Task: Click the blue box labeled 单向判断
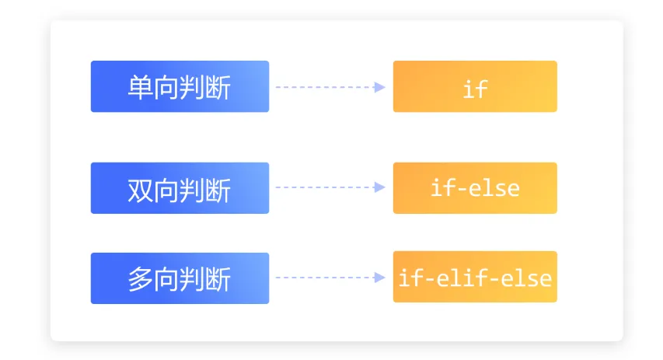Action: [180, 86]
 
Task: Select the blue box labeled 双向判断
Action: [180, 188]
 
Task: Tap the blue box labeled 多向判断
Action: [180, 278]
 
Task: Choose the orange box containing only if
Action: [475, 86]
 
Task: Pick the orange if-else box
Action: [475, 188]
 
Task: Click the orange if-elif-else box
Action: [475, 277]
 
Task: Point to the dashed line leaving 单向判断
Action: [325, 87]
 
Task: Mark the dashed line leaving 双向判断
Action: [325, 187]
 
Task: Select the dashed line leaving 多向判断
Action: [325, 278]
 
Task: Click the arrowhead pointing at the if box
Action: [380, 87]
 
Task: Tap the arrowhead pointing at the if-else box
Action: [380, 187]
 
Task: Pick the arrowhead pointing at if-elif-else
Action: [380, 278]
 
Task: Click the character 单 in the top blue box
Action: [141, 88]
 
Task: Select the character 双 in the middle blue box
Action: [141, 190]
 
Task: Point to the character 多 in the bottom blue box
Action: [141, 279]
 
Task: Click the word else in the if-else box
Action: [494, 188]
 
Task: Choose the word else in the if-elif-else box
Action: [526, 278]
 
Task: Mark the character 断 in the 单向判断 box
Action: [218, 88]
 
